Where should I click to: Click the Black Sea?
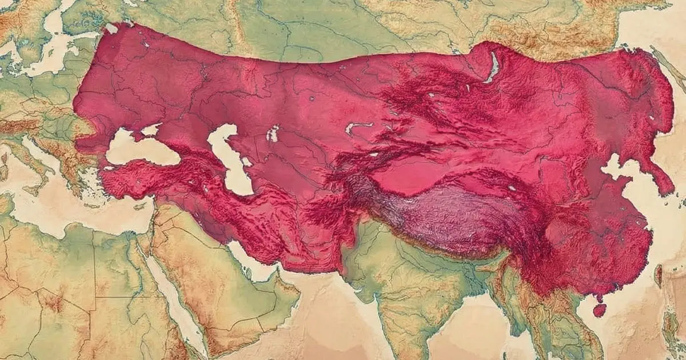click(x=137, y=150)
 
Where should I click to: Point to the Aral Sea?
click(x=273, y=134)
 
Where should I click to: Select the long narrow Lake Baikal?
click(x=492, y=67)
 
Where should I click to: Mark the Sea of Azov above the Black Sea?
click(x=151, y=130)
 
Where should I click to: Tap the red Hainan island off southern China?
click(x=599, y=310)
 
